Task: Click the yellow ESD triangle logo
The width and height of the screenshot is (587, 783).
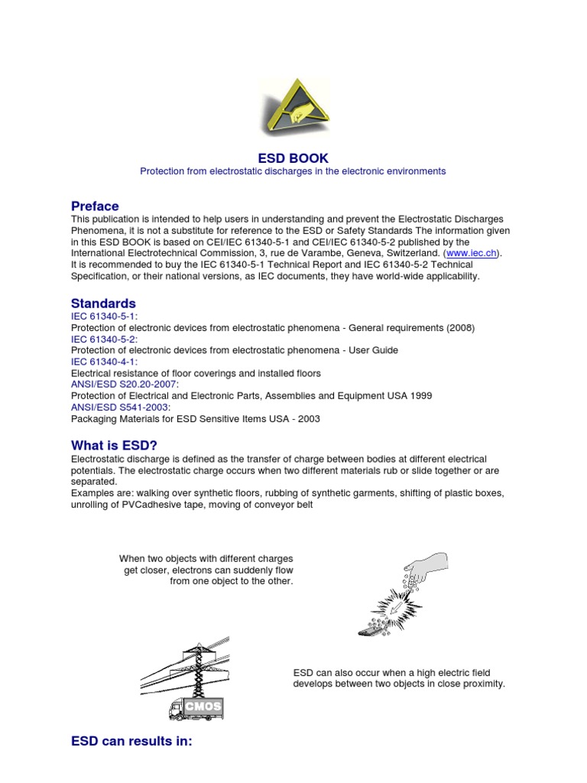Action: pyautogui.click(x=293, y=106)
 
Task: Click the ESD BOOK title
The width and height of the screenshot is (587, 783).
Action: pyautogui.click(x=293, y=158)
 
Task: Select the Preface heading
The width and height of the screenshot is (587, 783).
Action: pyautogui.click(x=95, y=206)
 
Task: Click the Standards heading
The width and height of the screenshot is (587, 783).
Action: pyautogui.click(x=103, y=304)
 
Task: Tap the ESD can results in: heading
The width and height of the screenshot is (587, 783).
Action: pyautogui.click(x=131, y=741)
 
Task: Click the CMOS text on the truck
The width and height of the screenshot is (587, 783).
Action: pyautogui.click(x=203, y=707)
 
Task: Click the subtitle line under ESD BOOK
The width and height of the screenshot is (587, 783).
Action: pyautogui.click(x=293, y=171)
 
